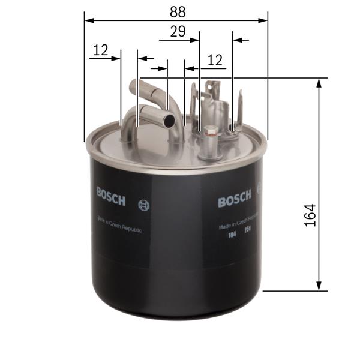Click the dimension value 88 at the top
click(177, 11)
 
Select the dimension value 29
click(178, 32)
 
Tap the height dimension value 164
click(310, 214)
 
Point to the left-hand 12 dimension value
click(100, 51)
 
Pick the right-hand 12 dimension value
click(215, 60)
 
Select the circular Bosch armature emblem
click(143, 204)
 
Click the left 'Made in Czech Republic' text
click(116, 226)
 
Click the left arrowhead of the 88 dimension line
click(89, 20)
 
